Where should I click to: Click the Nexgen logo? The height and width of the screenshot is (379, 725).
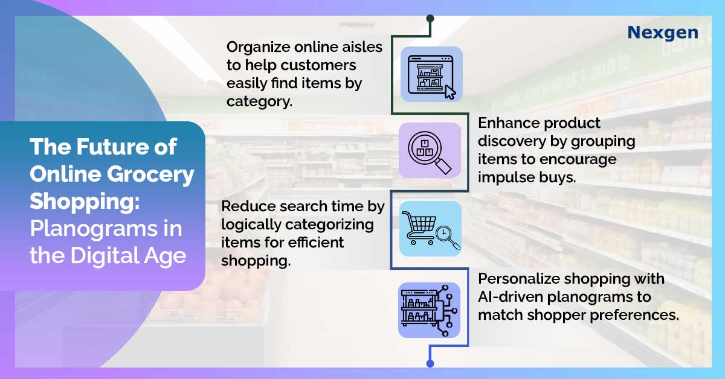[x=663, y=33]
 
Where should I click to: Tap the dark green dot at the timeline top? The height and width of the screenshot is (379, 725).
[x=430, y=19]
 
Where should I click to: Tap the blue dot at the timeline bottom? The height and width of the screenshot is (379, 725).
[x=430, y=363]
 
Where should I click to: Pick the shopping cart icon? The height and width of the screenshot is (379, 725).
[x=417, y=228]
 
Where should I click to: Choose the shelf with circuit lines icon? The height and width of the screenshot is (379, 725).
[x=430, y=310]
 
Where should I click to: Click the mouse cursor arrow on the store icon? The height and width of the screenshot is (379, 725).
[x=450, y=92]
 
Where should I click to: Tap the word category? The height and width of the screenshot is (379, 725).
[x=259, y=102]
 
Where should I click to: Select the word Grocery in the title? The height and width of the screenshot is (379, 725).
[x=150, y=174]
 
